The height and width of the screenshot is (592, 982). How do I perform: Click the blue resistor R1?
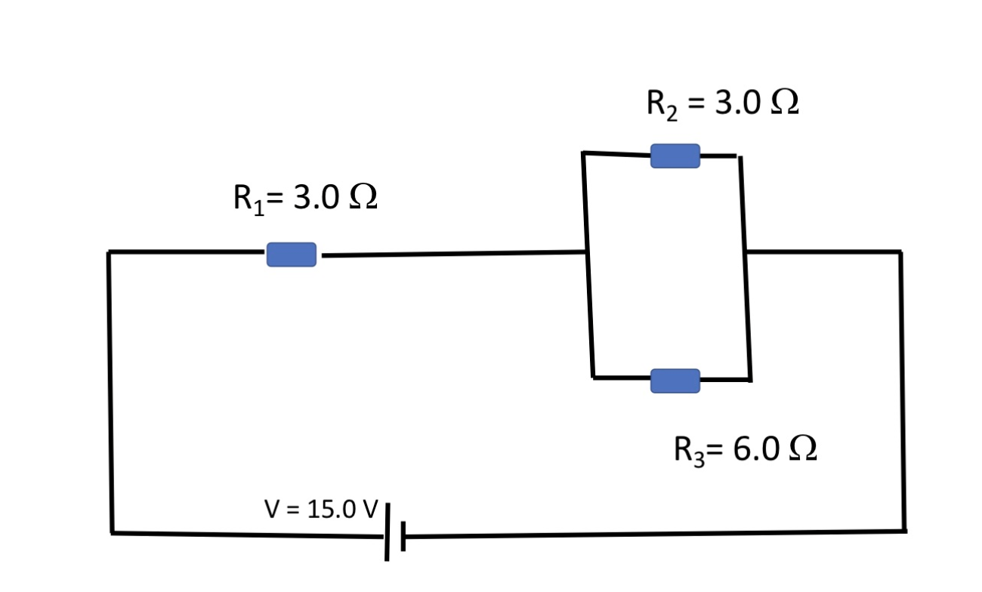tap(291, 254)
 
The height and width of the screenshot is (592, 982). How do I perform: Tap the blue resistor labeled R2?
tap(675, 156)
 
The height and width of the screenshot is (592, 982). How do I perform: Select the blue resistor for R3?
tap(675, 381)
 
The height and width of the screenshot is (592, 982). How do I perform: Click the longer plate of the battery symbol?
tap(387, 532)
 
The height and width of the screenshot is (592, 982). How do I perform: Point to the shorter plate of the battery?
tap(403, 536)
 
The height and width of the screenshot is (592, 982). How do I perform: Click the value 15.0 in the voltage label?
tap(332, 510)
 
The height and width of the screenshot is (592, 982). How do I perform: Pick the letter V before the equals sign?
tap(272, 510)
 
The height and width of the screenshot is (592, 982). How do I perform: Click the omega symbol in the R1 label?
tap(362, 198)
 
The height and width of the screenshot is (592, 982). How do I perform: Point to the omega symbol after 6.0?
tap(802, 449)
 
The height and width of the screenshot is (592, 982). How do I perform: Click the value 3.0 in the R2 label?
tap(737, 103)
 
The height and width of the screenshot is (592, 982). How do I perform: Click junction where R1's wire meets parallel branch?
tap(586, 252)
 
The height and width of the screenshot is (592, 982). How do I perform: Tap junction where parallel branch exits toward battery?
tap(745, 251)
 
